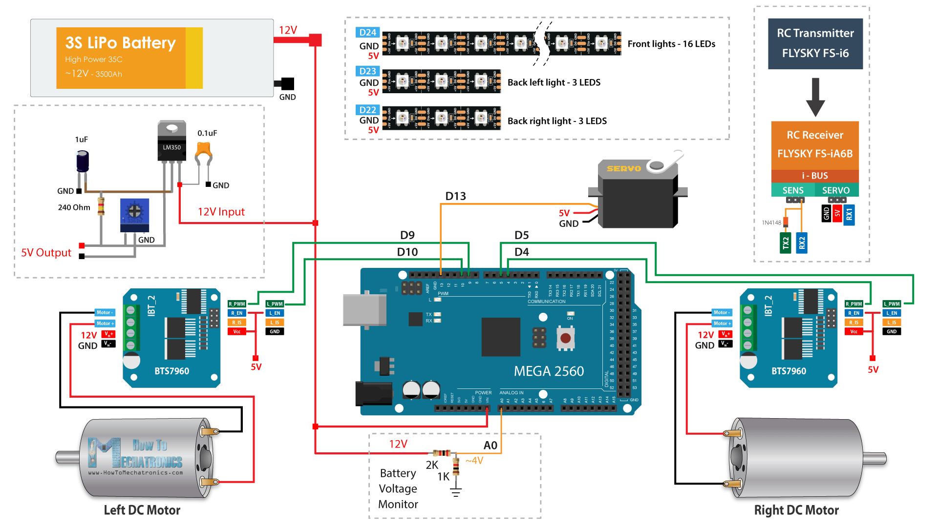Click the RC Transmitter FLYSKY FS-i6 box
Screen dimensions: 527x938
tap(815, 43)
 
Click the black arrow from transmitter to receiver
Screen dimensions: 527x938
tap(815, 98)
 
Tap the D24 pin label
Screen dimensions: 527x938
tap(367, 33)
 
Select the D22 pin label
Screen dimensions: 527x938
tap(367, 110)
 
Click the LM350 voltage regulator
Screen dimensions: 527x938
tap(171, 142)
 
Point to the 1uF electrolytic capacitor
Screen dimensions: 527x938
tap(83, 161)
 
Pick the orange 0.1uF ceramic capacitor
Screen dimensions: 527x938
tap(203, 152)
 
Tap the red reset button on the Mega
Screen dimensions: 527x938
tap(566, 338)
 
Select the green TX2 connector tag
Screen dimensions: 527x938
tap(786, 243)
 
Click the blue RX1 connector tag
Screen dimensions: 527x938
tap(849, 215)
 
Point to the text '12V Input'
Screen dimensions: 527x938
tap(221, 212)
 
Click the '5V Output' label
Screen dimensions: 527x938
tap(46, 253)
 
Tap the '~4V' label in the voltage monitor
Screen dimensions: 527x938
tap(474, 461)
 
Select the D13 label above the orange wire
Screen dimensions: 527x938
tap(455, 196)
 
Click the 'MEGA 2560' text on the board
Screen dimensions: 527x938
tap(549, 371)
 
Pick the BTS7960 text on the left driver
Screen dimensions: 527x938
tap(171, 371)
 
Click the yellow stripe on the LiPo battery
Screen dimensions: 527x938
tap(194, 58)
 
